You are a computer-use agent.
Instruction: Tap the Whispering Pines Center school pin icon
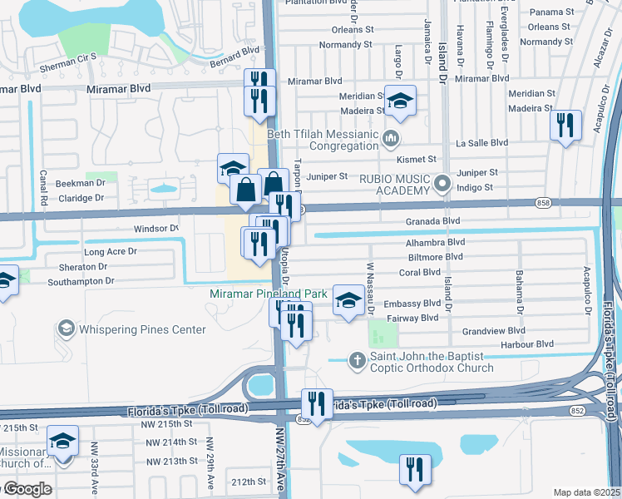pos(65,329)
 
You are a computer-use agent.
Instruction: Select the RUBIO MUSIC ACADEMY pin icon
pos(442,181)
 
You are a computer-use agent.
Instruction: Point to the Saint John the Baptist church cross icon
pos(357,360)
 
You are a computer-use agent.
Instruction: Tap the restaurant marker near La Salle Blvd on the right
pos(565,126)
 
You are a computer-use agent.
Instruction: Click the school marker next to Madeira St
pos(401,101)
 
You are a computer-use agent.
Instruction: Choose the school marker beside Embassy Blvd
pos(348,300)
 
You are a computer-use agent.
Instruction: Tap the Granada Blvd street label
pos(432,221)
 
